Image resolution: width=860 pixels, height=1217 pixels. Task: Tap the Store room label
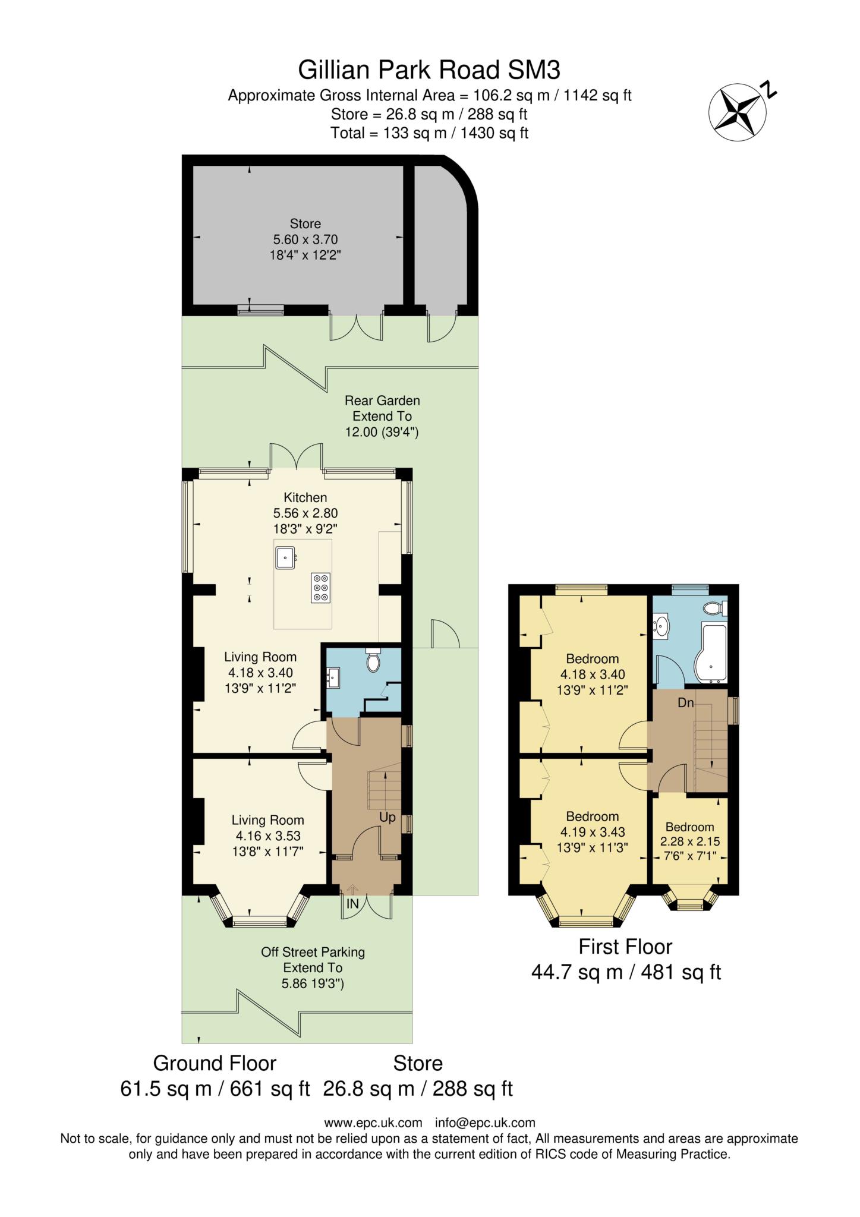point(305,224)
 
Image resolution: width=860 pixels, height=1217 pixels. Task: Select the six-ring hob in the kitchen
point(321,588)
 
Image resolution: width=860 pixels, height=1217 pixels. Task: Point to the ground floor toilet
point(373,661)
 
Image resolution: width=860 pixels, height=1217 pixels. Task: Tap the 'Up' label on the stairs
point(388,818)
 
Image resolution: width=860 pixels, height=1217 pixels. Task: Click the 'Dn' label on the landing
point(686,703)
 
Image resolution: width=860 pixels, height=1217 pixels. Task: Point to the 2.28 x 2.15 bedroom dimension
point(690,842)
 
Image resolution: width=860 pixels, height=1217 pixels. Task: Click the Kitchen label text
point(305,497)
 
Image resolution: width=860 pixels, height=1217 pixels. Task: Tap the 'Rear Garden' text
point(382,401)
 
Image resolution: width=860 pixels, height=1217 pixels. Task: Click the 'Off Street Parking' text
point(313,952)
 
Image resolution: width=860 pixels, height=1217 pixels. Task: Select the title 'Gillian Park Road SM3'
point(429,70)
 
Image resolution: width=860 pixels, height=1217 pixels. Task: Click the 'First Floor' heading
point(625,946)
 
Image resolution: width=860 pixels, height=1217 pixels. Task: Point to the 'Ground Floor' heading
point(215,1062)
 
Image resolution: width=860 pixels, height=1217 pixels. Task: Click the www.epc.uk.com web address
point(373,1123)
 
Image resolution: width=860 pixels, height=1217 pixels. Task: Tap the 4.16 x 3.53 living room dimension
point(267,835)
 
